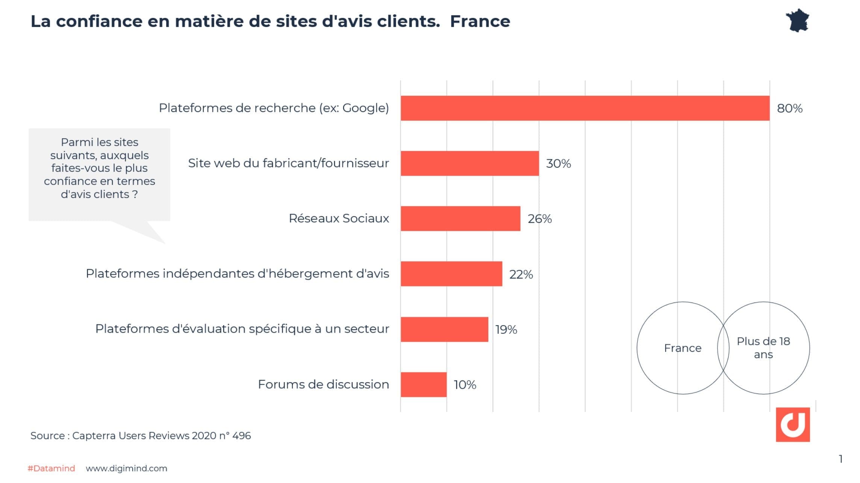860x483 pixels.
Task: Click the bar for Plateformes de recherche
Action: pyautogui.click(x=584, y=108)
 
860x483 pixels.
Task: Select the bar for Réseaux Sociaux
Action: pyautogui.click(x=460, y=218)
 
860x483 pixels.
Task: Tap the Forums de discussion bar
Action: pyautogui.click(x=423, y=385)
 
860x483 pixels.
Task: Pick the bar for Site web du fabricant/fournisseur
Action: pyautogui.click(x=469, y=163)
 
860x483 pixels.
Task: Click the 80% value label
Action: pyautogui.click(x=789, y=109)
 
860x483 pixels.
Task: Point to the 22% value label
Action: pyautogui.click(x=521, y=274)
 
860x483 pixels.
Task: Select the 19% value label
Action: pyautogui.click(x=506, y=330)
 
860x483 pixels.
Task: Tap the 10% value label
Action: pyautogui.click(x=465, y=385)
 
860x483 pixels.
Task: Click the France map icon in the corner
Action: pyautogui.click(x=797, y=21)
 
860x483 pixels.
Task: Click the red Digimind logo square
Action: pyautogui.click(x=792, y=424)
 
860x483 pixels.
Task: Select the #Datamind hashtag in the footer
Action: pyautogui.click(x=51, y=468)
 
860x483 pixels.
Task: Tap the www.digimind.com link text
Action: pyautogui.click(x=126, y=468)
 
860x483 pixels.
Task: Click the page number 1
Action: pyautogui.click(x=840, y=459)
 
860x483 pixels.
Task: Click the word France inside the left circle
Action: pyautogui.click(x=683, y=348)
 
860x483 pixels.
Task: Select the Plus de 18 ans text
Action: pyautogui.click(x=763, y=348)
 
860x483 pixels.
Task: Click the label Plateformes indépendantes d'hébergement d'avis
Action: pyautogui.click(x=237, y=274)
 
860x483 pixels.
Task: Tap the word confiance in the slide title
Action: pyautogui.click(x=99, y=21)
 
